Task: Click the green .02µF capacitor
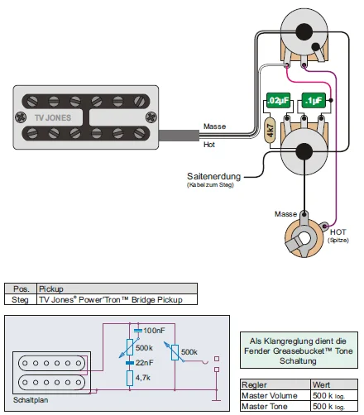click(x=278, y=101)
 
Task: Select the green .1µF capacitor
click(x=314, y=101)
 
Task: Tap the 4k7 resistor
click(x=271, y=130)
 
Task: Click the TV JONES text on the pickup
click(x=53, y=118)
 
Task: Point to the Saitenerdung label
click(x=213, y=176)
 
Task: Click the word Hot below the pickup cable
click(x=209, y=145)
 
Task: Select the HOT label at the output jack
click(x=338, y=232)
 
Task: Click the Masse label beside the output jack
click(x=285, y=214)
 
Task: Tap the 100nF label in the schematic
click(x=154, y=331)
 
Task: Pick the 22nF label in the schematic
click(x=144, y=363)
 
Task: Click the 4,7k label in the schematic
click(x=143, y=378)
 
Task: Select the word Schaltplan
click(x=31, y=400)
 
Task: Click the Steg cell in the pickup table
click(x=20, y=299)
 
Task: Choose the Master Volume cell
click(x=270, y=396)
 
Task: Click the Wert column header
click(x=321, y=384)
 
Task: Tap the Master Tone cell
click(x=265, y=406)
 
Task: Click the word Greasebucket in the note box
click(x=299, y=351)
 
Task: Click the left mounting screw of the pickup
click(x=21, y=117)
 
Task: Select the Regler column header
click(x=254, y=384)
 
